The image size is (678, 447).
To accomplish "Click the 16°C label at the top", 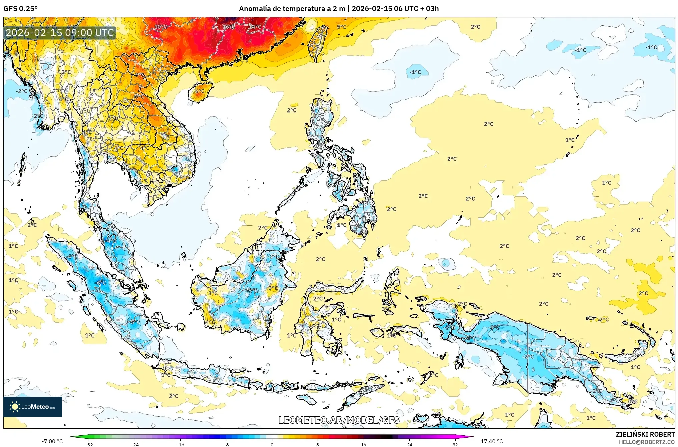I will click(x=229, y=27).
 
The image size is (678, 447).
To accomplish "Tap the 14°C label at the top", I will click(x=255, y=27).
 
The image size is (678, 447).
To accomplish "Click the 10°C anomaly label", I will click(x=161, y=27).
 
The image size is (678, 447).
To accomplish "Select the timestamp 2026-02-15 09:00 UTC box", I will click(x=60, y=33).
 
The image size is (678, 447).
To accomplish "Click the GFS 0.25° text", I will click(x=20, y=8).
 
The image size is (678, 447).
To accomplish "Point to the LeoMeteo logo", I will click(x=33, y=407).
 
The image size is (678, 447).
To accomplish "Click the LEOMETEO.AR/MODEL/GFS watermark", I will click(x=339, y=420).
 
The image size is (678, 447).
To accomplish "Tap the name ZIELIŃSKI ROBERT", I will click(x=645, y=434).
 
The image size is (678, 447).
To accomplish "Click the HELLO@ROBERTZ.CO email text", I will click(x=647, y=442).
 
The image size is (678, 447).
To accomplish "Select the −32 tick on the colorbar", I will click(x=89, y=444).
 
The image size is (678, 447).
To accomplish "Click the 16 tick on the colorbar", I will click(x=363, y=444).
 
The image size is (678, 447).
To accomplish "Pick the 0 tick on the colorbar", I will click(x=272, y=444).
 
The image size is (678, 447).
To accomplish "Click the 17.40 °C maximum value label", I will click(x=491, y=441).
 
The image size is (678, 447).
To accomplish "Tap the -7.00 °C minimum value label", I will click(x=52, y=441).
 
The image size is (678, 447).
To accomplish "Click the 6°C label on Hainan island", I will click(x=200, y=91).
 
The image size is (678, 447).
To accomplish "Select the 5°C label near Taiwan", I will click(x=342, y=27).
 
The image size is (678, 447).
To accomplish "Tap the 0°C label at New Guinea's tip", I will click(x=632, y=401).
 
